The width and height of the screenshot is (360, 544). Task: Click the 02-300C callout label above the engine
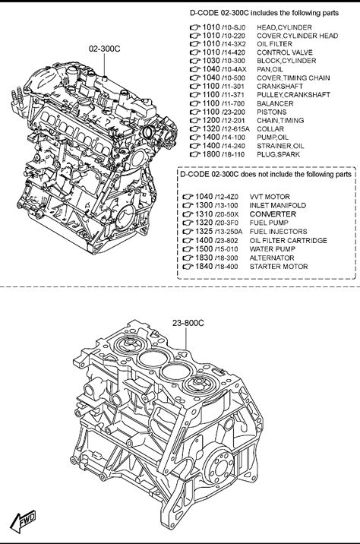(x=105, y=49)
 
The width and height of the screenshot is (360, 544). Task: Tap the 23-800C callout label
(x=188, y=323)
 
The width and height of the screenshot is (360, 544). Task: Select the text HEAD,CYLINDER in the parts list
(x=284, y=27)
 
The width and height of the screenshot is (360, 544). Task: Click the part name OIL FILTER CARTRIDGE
(x=288, y=240)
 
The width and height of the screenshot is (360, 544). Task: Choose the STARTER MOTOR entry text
(x=279, y=267)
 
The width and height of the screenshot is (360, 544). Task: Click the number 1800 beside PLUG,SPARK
(x=211, y=154)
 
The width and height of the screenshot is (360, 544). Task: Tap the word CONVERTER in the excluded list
(x=273, y=214)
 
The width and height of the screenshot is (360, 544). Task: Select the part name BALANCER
(x=275, y=103)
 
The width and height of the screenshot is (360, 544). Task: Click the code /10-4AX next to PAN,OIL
(x=234, y=69)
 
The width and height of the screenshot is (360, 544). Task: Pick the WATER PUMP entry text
(x=273, y=248)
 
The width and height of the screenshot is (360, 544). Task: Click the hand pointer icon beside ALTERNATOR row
(x=188, y=258)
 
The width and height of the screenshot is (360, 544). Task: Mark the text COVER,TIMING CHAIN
(x=293, y=78)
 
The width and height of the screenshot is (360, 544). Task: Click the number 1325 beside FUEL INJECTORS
(x=204, y=232)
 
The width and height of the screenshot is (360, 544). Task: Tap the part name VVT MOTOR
(x=270, y=197)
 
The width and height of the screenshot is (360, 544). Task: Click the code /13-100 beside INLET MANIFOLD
(x=226, y=205)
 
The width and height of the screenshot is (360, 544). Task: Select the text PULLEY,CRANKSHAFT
(x=293, y=95)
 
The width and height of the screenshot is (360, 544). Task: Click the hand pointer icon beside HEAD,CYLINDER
(x=195, y=27)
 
